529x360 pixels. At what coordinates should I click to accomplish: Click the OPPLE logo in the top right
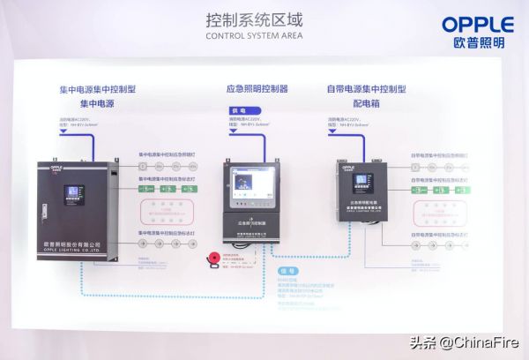(x=479, y=24)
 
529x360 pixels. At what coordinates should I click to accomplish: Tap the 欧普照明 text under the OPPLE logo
(x=479, y=43)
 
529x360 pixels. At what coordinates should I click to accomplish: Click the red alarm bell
(x=211, y=259)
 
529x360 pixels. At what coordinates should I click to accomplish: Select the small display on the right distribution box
(x=361, y=184)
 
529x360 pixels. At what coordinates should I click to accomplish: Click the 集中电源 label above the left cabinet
(x=98, y=103)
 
